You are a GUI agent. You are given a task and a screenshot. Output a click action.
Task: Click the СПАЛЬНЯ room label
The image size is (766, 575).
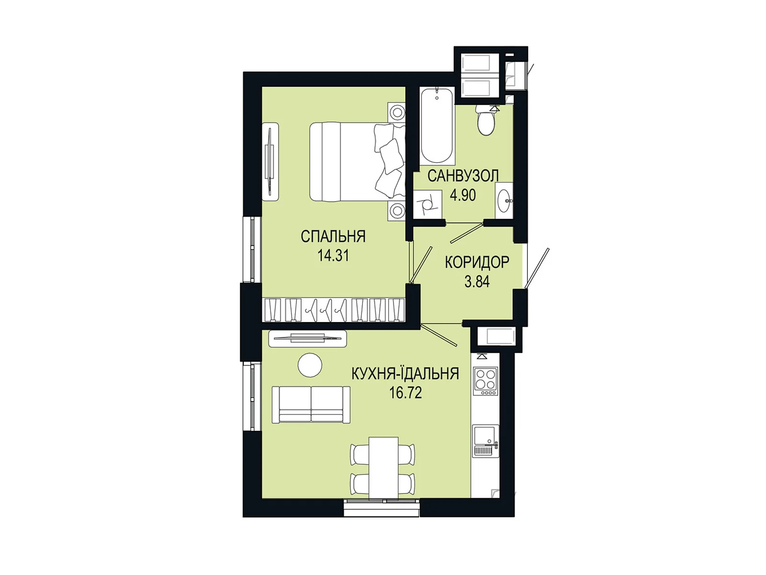coord(333,237)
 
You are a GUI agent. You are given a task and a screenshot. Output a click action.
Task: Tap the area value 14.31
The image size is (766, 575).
coord(333,256)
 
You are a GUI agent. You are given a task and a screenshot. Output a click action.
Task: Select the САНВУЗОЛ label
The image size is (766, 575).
coord(463,176)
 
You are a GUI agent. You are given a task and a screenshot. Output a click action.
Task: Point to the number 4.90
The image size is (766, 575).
coord(463,195)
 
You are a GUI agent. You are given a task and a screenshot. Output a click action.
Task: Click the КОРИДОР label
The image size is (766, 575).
coord(477,262)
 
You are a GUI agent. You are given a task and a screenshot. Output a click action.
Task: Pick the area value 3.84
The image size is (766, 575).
coord(477,281)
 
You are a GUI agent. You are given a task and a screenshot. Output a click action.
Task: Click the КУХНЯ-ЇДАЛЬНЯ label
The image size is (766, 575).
coord(405,373)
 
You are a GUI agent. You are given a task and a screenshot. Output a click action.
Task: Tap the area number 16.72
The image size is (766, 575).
coord(406,393)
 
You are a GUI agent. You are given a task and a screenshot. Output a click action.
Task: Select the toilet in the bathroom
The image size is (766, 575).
coord(485,121)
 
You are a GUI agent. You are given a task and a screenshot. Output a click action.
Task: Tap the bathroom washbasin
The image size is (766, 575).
coord(504,201)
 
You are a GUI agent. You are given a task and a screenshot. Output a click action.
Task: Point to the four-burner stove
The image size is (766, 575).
coord(484,381)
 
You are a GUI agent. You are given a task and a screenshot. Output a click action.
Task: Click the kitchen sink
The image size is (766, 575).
coord(486,441)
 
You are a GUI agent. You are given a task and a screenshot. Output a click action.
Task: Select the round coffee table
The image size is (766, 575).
coord(310,365)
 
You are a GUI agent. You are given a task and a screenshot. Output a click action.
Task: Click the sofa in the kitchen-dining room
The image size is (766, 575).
coord(311,405)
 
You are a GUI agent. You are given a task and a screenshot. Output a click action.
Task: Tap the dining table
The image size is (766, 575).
coord(383,468)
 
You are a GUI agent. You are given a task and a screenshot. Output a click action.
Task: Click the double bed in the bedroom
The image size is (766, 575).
coord(357,161)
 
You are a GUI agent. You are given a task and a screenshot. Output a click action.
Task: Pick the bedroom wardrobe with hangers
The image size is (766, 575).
coord(333,310)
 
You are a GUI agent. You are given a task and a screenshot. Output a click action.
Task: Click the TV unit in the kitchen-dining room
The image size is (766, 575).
coord(307,339)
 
